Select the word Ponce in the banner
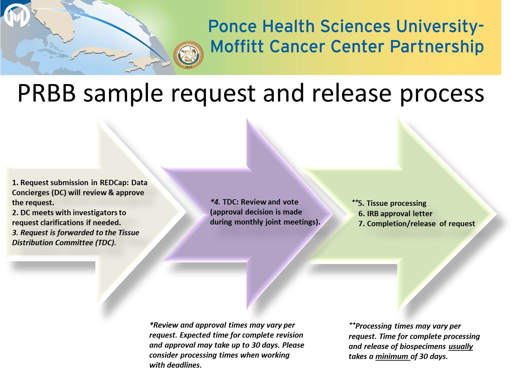coord(232,26)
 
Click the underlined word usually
coord(461,347)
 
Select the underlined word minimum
coord(392,357)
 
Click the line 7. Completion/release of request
coord(416,224)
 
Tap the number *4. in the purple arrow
coord(215,202)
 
